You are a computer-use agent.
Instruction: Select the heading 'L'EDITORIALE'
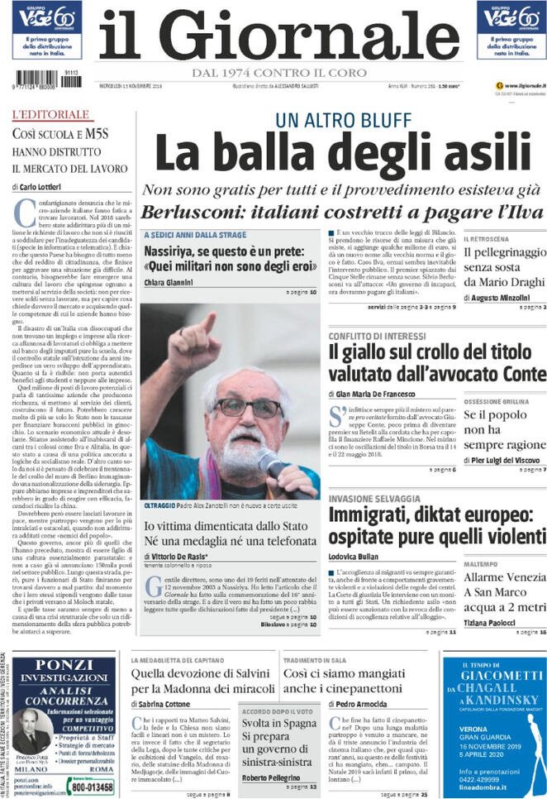pyautogui.click(x=50, y=113)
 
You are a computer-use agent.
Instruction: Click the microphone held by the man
pyautogui.click(x=273, y=463)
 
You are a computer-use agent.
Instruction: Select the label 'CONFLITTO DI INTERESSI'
pyautogui.click(x=376, y=336)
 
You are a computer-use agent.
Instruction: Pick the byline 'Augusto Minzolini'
pyautogui.click(x=505, y=296)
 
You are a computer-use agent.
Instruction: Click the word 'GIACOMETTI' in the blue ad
pyautogui.click(x=493, y=676)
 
